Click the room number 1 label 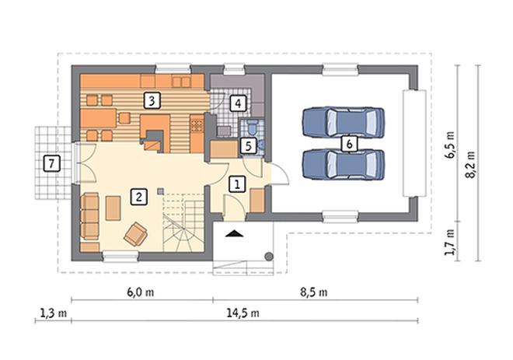237,183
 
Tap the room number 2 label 138,197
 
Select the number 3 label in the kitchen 152,101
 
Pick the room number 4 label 238,103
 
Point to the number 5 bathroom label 248,146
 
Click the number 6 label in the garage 349,144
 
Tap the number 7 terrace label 52,163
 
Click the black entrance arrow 235,233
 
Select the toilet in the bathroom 253,128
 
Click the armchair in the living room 135,234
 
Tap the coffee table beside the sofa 113,208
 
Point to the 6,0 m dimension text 141,292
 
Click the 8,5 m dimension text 314,292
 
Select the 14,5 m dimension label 243,313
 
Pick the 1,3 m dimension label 54,313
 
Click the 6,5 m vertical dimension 449,145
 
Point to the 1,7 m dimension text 449,242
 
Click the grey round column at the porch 269,257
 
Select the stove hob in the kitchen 197,125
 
